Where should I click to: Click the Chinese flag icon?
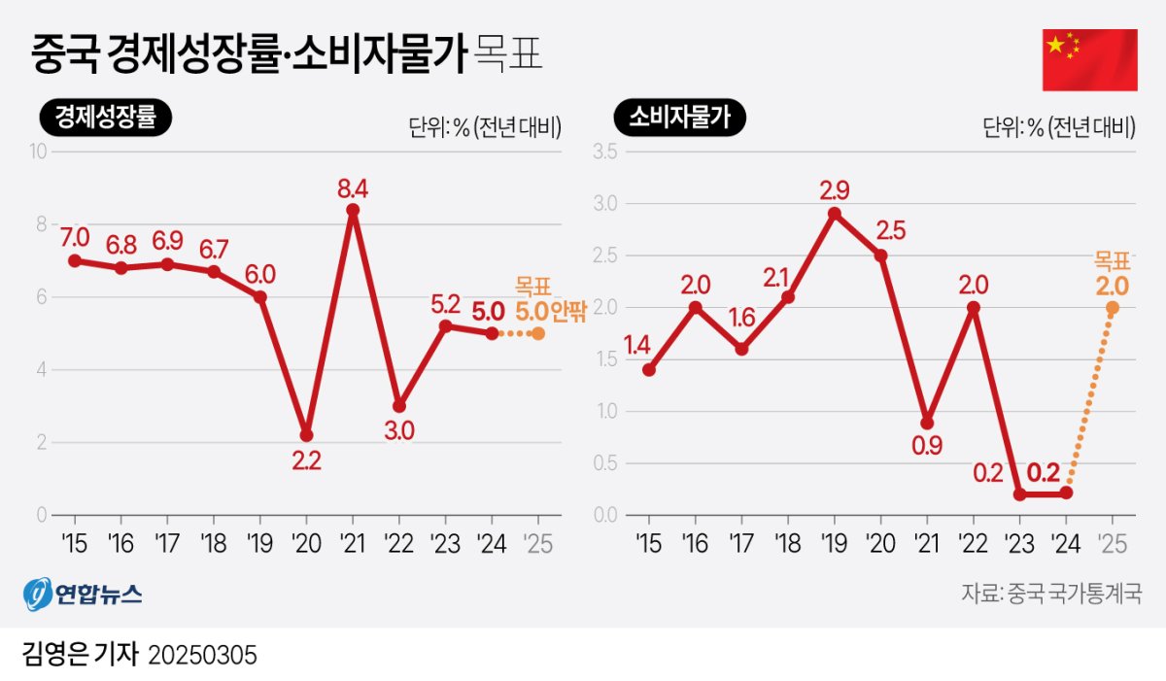1089,60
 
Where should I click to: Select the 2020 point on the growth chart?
306,434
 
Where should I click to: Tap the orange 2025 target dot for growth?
538,333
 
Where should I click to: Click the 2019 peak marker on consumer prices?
834,213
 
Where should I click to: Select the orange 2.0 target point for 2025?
1112,307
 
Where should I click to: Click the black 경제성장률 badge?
105,119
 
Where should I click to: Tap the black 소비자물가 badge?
679,119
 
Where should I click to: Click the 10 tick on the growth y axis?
39,152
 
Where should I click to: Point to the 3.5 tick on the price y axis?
605,152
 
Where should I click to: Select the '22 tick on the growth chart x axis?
398,543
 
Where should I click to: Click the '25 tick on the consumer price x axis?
1112,543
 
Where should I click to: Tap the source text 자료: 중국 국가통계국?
1051,593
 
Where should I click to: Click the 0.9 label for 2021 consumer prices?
927,447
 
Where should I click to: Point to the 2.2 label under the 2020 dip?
307,461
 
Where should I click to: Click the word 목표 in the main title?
504,55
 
